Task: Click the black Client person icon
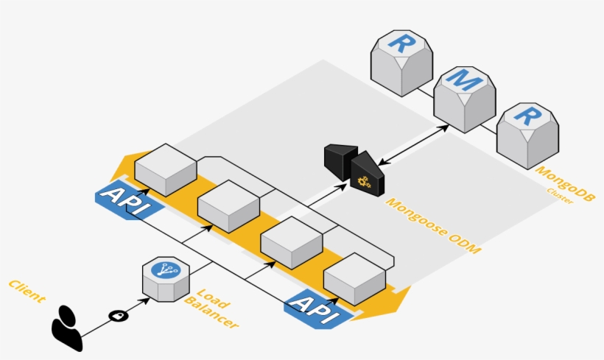tap(67, 326)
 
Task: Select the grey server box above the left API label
tap(165, 169)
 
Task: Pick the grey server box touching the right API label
tap(354, 278)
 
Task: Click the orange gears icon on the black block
tap(362, 181)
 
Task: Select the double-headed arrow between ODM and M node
tap(413, 145)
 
